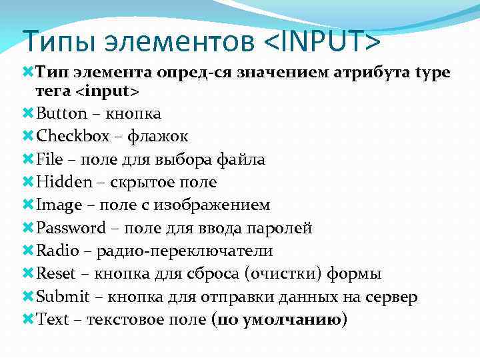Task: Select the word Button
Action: point(62,113)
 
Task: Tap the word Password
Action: point(71,228)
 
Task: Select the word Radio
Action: point(57,251)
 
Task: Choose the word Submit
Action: point(61,297)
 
